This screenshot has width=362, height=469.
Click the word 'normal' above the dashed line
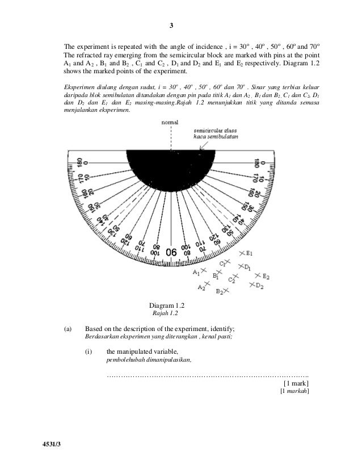click(170, 122)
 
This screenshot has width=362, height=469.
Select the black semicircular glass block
click(170, 165)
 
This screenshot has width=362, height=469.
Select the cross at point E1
click(242, 253)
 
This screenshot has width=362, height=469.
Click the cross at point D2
click(250, 286)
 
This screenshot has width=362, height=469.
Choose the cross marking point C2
click(236, 276)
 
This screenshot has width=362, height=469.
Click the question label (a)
click(68, 329)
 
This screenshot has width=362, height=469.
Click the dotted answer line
click(208, 375)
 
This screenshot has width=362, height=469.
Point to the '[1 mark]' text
click(295, 384)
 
